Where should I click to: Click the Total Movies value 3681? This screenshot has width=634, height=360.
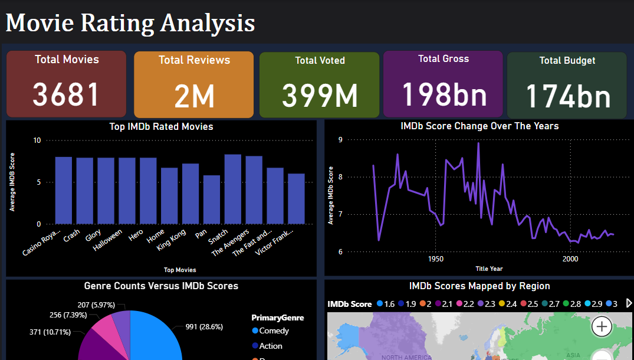tap(66, 94)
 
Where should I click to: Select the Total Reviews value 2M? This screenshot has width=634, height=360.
tap(194, 97)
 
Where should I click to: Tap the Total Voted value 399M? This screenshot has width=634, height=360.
tap(319, 95)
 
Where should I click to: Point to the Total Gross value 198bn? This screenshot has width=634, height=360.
tap(444, 93)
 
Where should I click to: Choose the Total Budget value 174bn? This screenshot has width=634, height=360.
tap(567, 96)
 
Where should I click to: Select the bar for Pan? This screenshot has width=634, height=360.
tap(212, 199)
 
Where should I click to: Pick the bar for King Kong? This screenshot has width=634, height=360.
tap(190, 194)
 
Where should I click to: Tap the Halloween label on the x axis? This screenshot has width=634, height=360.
tap(108, 240)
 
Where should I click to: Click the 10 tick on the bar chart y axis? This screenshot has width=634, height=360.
tap(38, 140)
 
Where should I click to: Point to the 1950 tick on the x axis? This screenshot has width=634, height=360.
tap(435, 259)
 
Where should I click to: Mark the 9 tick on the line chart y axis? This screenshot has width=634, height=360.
tap(340, 140)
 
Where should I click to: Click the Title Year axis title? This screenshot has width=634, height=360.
tap(489, 269)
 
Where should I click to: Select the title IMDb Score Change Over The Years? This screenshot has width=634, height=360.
tap(479, 126)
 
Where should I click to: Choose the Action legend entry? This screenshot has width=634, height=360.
tap(270, 346)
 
